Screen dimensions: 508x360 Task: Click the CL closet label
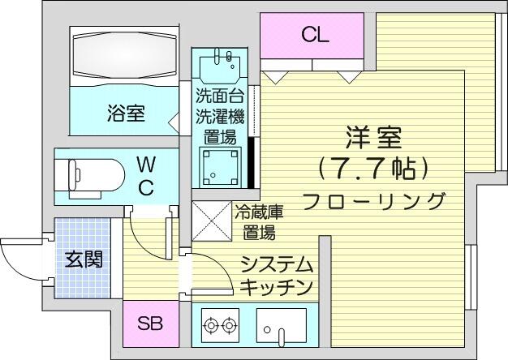[x=315, y=34]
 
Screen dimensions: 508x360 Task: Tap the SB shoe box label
[x=149, y=323]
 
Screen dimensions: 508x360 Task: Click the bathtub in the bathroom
[x=125, y=55]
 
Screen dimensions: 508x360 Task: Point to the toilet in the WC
[x=90, y=178]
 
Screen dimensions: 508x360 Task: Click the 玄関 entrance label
[x=84, y=259]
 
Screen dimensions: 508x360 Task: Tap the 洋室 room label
[x=373, y=139]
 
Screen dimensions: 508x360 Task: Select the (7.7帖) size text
[x=373, y=169]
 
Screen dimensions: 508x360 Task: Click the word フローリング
[x=373, y=201]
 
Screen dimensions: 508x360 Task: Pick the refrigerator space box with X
[x=212, y=221]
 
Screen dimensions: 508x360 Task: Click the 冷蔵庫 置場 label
[x=259, y=222]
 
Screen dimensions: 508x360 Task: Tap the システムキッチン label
[x=277, y=275]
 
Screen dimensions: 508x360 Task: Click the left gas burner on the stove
[x=211, y=324]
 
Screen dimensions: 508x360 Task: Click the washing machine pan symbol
[x=220, y=167]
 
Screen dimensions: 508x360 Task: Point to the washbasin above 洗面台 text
[x=220, y=66]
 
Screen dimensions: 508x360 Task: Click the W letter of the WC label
[x=146, y=165]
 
